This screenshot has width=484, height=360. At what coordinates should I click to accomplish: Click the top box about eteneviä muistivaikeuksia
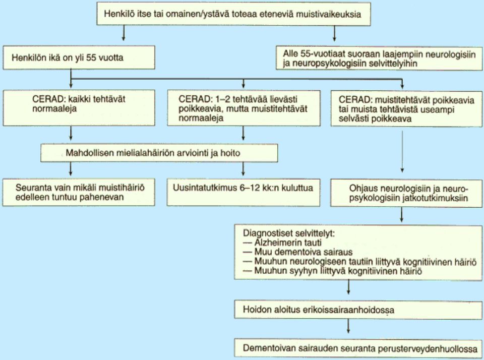pyautogui.click(x=233, y=14)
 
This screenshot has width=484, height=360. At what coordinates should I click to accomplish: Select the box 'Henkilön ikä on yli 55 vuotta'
pyautogui.click(x=79, y=57)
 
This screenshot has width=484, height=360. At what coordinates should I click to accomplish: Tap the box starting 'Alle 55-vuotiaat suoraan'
pyautogui.click(x=379, y=58)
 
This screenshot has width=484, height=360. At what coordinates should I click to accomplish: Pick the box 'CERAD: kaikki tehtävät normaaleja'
pyautogui.click(x=79, y=108)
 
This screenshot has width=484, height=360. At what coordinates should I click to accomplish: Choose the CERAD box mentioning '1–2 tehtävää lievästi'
pyautogui.click(x=244, y=108)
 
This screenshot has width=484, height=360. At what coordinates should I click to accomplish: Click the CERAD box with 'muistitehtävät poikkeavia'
pyautogui.click(x=406, y=108)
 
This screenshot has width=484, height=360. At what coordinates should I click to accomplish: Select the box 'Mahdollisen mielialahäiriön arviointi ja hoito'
pyautogui.click(x=159, y=153)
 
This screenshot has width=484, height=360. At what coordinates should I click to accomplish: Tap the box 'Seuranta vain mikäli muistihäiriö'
pyautogui.click(x=79, y=192)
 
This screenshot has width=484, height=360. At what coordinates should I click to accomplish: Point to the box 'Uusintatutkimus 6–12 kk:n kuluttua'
pyautogui.click(x=244, y=192)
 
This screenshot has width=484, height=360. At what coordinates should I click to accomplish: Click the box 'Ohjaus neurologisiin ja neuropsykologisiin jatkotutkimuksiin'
pyautogui.click(x=406, y=193)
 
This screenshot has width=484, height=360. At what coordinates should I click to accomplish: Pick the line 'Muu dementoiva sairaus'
pyautogui.click(x=297, y=252)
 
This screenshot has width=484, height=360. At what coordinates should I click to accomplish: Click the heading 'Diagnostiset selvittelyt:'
pyautogui.click(x=288, y=233)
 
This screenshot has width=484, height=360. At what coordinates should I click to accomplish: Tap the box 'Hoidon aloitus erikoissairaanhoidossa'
pyautogui.click(x=358, y=310)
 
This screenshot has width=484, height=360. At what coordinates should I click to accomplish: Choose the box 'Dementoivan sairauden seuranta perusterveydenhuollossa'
pyautogui.click(x=358, y=348)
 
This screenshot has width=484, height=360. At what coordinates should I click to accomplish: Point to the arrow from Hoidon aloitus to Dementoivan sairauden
pyautogui.click(x=348, y=326)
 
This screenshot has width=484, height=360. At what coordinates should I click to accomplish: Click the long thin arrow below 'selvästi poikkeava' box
pyautogui.click(x=402, y=152)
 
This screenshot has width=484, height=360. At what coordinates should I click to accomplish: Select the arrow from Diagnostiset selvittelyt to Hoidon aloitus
pyautogui.click(x=348, y=287)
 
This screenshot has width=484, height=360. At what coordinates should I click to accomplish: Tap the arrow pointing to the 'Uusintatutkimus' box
pyautogui.click(x=244, y=169)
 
